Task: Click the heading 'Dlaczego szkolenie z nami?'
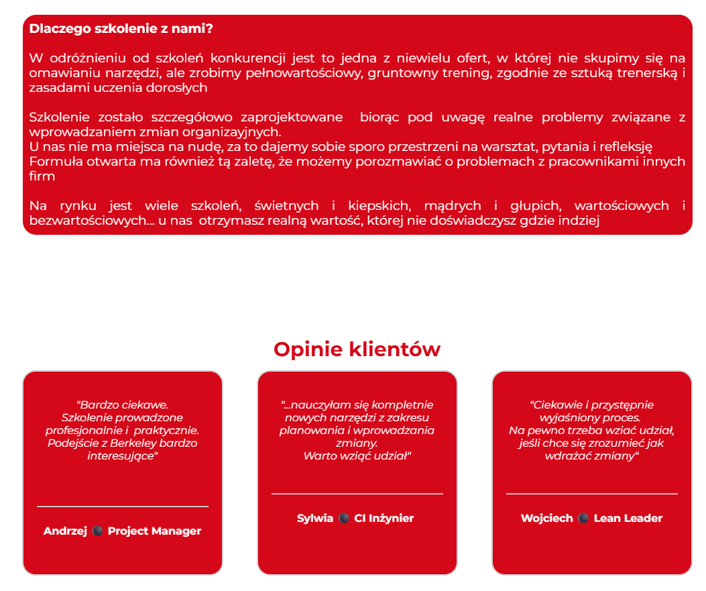(x=121, y=29)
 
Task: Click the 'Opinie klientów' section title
(x=357, y=350)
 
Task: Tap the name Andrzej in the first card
(x=65, y=531)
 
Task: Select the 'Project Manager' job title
(x=154, y=531)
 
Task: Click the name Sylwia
(x=315, y=518)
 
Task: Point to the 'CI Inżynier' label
(x=384, y=518)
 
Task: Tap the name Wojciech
(x=546, y=518)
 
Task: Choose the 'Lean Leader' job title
(x=628, y=518)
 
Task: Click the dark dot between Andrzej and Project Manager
(x=97, y=531)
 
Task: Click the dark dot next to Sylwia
(x=343, y=518)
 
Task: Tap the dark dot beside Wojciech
(x=583, y=518)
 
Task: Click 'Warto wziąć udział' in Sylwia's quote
(x=356, y=455)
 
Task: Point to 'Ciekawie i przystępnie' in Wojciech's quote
(x=591, y=405)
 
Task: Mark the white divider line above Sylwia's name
(x=357, y=494)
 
